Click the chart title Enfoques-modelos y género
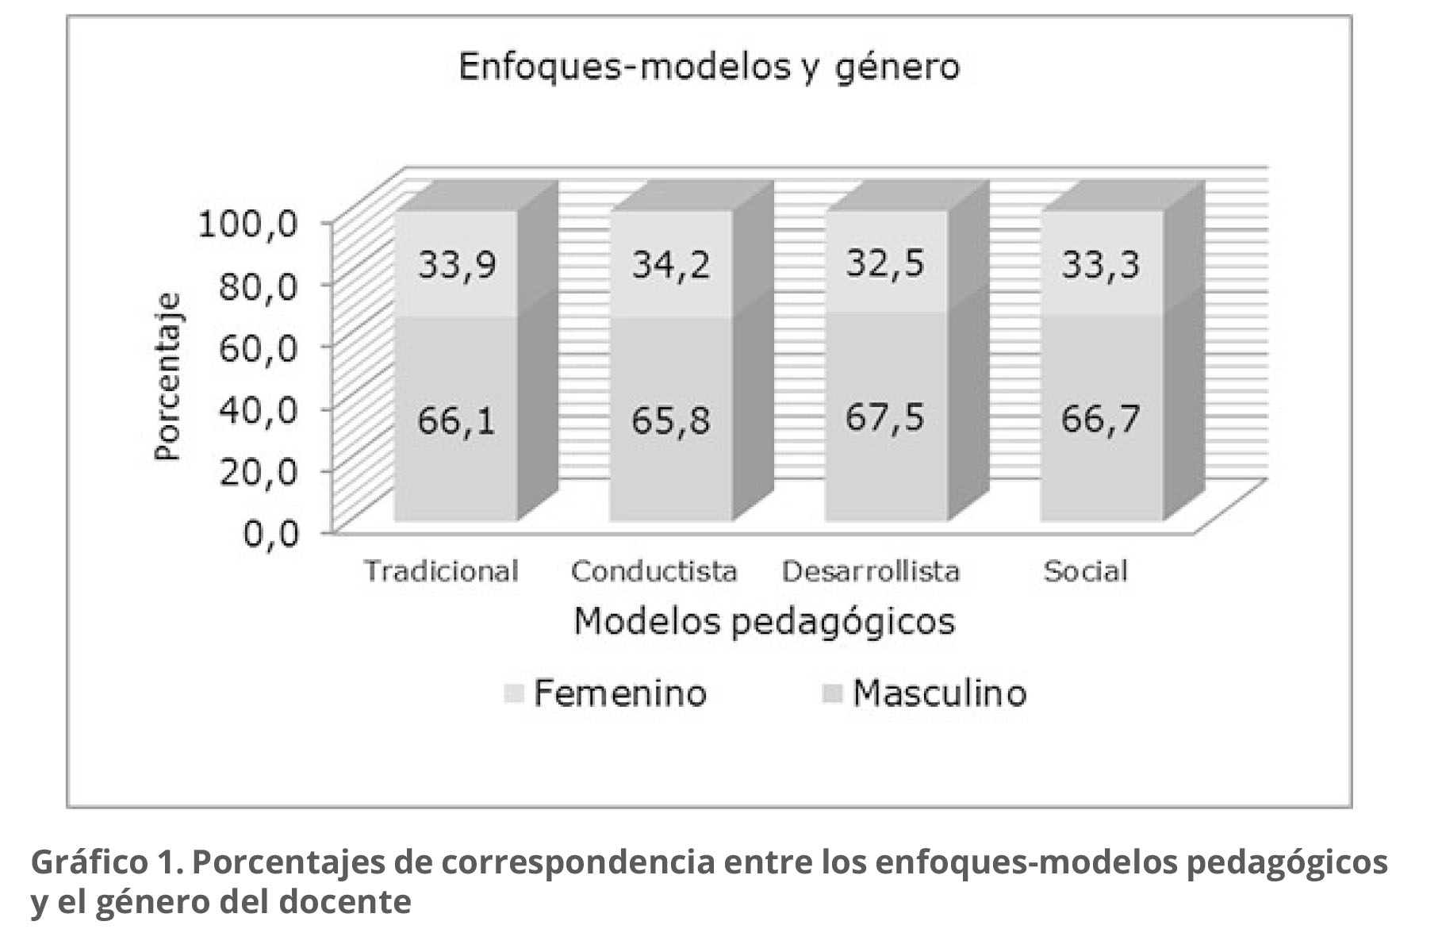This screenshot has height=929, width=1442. (708, 67)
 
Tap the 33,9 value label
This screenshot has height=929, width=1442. (458, 263)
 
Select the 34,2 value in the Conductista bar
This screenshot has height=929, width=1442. (671, 263)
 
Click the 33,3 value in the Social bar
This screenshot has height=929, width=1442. (1100, 263)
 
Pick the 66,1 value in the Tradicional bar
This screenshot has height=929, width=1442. (457, 420)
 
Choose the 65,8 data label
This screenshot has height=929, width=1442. (671, 420)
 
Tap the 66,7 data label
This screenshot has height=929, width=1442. (1100, 418)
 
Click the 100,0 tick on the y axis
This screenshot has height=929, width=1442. (248, 225)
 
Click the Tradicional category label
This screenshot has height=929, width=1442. (441, 571)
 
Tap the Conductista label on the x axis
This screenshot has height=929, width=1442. (654, 571)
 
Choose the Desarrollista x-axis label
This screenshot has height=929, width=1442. (871, 571)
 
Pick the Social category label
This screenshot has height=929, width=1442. (1085, 571)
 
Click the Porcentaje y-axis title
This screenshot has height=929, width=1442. (168, 377)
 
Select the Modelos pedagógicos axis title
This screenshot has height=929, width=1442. (764, 621)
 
